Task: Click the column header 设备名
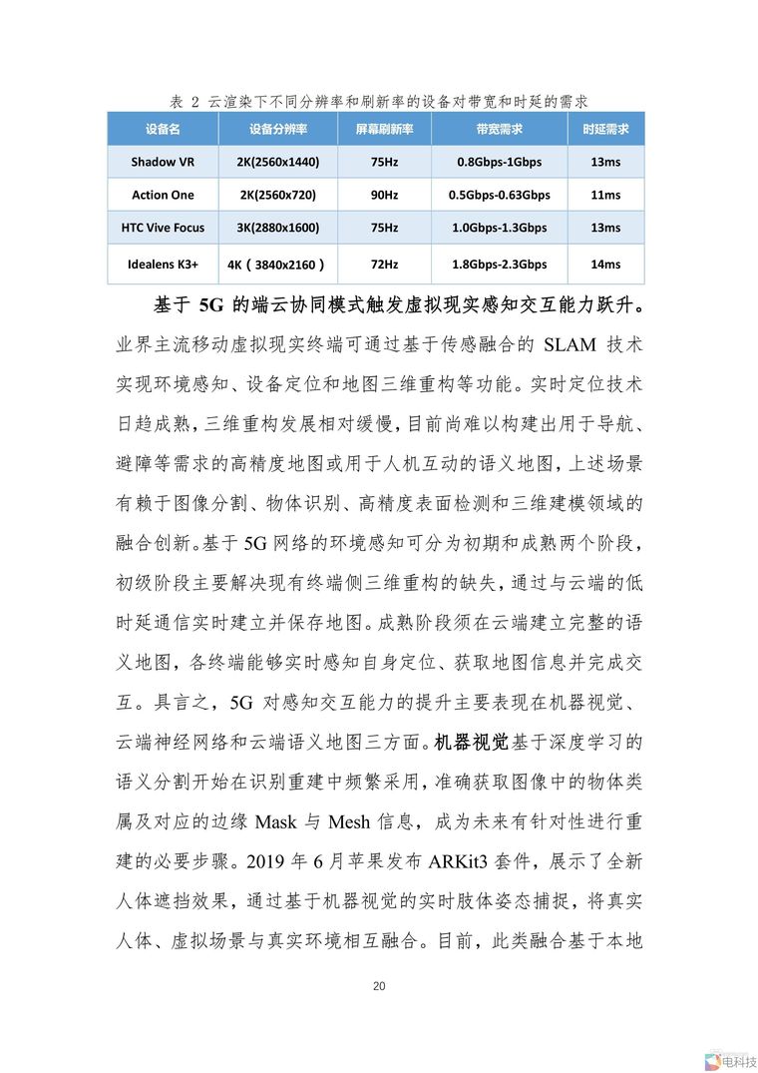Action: (163, 130)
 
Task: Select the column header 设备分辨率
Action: (278, 130)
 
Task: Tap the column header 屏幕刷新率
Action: (384, 130)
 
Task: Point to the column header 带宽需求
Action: (499, 130)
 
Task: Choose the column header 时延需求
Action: (605, 130)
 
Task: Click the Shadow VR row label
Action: (163, 162)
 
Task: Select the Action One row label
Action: (163, 195)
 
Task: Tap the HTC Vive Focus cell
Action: (163, 228)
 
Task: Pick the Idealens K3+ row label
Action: (163, 265)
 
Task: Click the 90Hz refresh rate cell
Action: (384, 195)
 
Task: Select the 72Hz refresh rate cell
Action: (384, 265)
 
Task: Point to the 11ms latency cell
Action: (605, 195)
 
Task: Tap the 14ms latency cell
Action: (605, 265)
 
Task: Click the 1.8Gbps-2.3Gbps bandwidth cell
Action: (499, 265)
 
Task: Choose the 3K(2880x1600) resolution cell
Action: (278, 228)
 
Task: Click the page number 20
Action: (379, 986)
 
